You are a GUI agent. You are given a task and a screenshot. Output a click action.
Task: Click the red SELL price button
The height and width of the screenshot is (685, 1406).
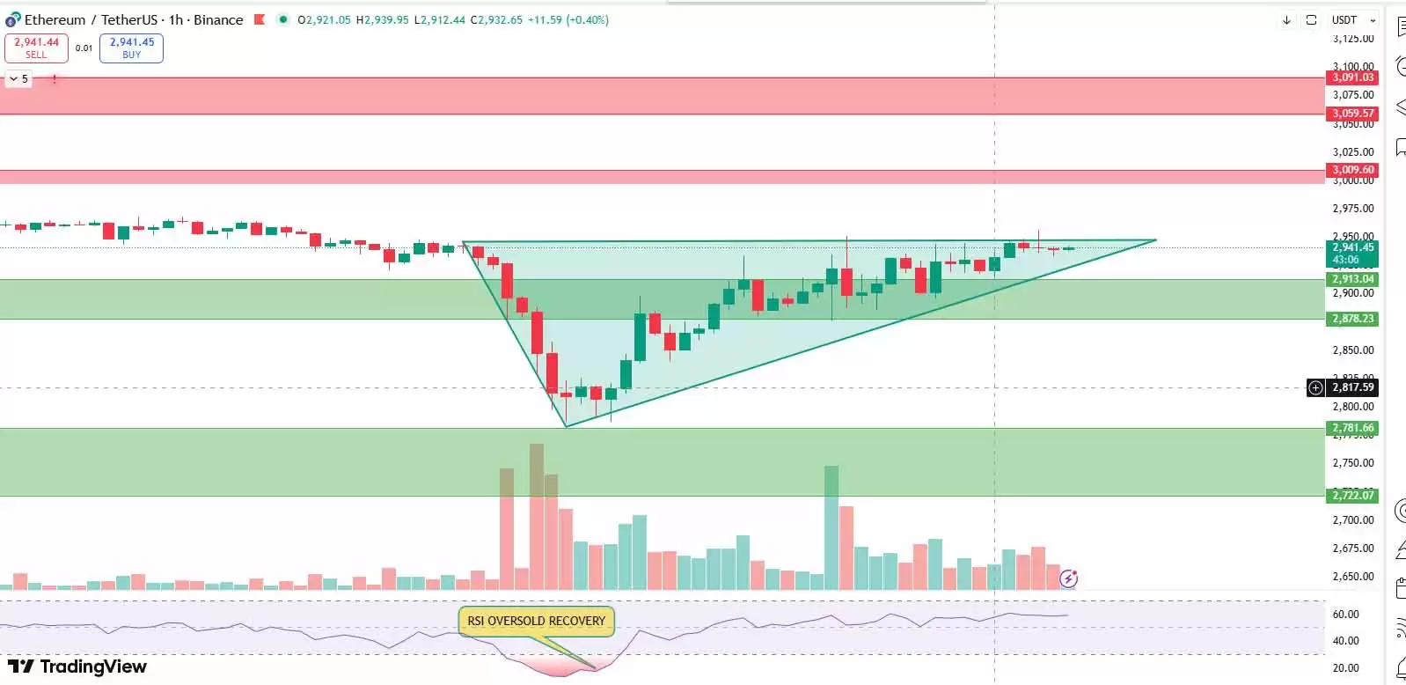click(x=36, y=48)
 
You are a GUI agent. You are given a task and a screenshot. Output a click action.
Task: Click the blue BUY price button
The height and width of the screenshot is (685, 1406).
click(x=131, y=48)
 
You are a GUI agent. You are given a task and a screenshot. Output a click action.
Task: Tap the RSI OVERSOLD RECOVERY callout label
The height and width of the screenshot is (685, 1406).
click(x=536, y=621)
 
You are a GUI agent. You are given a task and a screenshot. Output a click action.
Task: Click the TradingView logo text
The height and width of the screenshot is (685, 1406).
click(x=77, y=667)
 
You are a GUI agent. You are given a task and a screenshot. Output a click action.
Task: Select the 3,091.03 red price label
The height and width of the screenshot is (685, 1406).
click(x=1352, y=77)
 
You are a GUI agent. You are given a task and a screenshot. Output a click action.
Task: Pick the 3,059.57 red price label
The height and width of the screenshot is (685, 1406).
click(x=1352, y=114)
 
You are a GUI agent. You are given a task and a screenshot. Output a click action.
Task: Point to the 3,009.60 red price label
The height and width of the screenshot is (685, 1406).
click(x=1352, y=170)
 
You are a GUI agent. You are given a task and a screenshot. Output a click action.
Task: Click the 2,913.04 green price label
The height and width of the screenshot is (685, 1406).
click(x=1352, y=279)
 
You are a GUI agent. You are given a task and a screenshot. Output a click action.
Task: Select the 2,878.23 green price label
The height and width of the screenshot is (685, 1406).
click(x=1352, y=319)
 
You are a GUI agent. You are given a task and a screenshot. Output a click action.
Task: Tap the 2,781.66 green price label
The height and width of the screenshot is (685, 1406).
click(x=1352, y=428)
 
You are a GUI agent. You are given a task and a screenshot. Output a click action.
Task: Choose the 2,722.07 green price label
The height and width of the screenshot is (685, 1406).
click(x=1352, y=496)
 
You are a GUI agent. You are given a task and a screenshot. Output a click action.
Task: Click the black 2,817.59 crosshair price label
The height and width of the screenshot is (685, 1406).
click(x=1352, y=387)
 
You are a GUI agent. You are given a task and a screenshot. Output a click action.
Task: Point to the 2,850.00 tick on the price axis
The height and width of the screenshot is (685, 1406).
click(x=1353, y=350)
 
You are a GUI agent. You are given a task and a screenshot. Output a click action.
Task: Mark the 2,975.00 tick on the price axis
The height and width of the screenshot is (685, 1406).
click(x=1353, y=209)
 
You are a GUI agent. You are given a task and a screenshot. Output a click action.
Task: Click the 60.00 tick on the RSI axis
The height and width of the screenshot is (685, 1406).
click(x=1346, y=615)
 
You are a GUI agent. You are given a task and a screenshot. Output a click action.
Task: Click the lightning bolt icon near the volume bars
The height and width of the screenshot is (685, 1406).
click(x=1068, y=578)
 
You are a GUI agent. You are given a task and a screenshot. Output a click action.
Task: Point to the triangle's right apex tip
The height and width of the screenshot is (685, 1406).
click(x=1155, y=239)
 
